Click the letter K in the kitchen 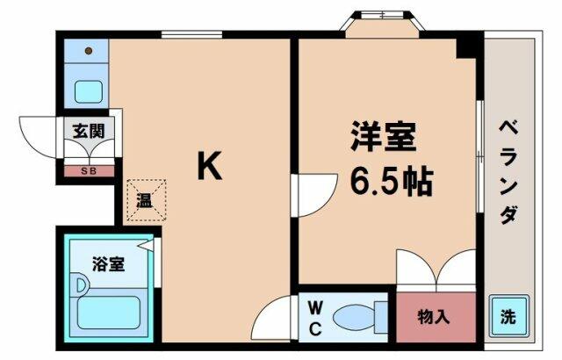tap(210, 165)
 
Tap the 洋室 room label tap(384, 136)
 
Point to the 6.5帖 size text tap(391, 182)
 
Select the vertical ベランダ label tap(509, 171)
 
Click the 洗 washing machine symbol tap(508, 316)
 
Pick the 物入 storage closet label tap(433, 317)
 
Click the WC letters tap(315, 318)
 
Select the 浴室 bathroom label tap(108, 264)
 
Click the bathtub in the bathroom tap(108, 313)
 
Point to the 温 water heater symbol tap(147, 200)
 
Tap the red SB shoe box tap(90, 171)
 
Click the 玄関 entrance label tap(89, 131)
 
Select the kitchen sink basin tap(89, 91)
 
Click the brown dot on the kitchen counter tap(89, 51)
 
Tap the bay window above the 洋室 tap(383, 24)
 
